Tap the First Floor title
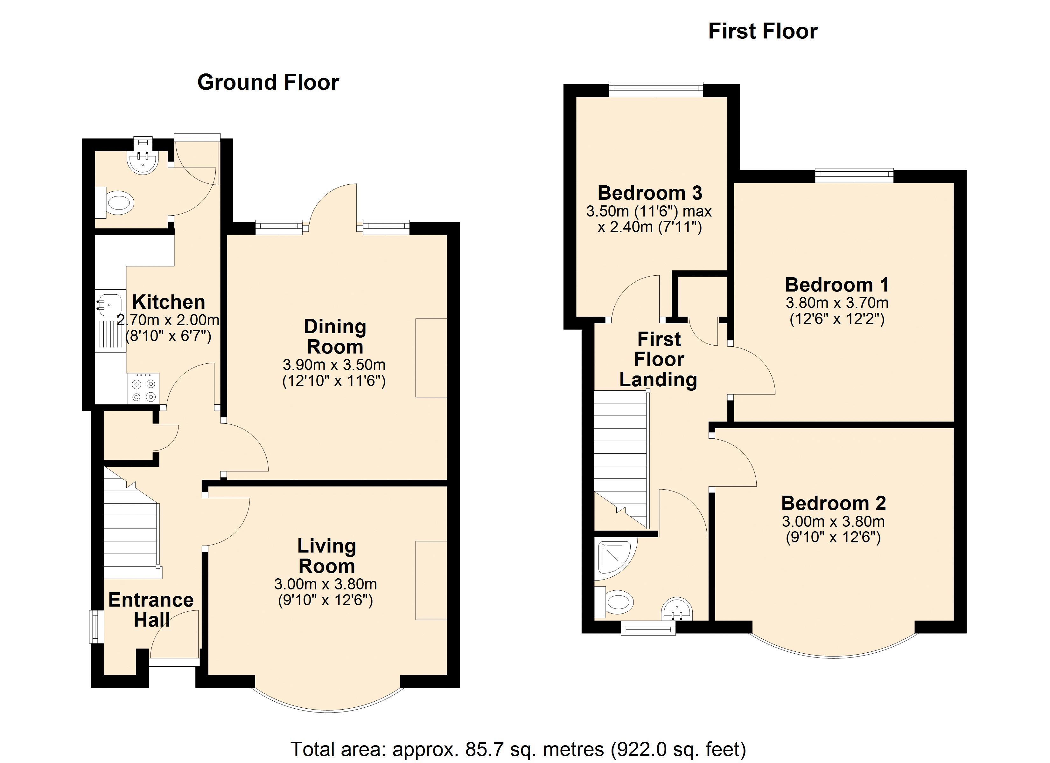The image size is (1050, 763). click(763, 31)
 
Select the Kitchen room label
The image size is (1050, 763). click(169, 302)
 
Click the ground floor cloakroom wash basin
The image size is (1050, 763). click(143, 162)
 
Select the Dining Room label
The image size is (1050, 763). click(335, 336)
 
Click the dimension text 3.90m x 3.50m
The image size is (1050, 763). click(334, 365)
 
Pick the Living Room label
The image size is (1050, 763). click(327, 556)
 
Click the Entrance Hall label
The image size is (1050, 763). click(151, 610)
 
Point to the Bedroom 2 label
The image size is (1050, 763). click(833, 503)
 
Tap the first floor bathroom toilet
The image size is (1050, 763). click(613, 602)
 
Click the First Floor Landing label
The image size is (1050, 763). click(658, 359)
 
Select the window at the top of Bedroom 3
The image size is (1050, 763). click(656, 90)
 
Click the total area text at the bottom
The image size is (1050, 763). click(518, 749)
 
